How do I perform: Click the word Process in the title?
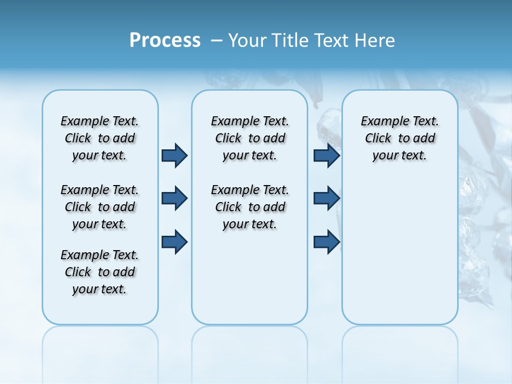[x=165, y=40]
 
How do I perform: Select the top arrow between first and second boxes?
[x=174, y=155]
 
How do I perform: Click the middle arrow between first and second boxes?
[x=174, y=198]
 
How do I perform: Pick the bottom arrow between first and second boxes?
[x=174, y=242]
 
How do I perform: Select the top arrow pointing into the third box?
[x=326, y=155]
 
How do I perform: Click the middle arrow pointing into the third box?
[x=326, y=198]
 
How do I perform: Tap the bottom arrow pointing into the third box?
[x=326, y=242]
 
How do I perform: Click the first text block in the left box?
[x=100, y=138]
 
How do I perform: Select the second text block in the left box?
[x=100, y=207]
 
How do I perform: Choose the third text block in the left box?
[x=100, y=272]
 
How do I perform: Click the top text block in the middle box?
[x=250, y=138]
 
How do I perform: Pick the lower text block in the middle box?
[x=250, y=207]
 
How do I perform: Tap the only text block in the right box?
[x=399, y=138]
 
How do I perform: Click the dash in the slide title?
[x=217, y=41]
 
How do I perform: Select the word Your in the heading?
[x=247, y=41]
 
